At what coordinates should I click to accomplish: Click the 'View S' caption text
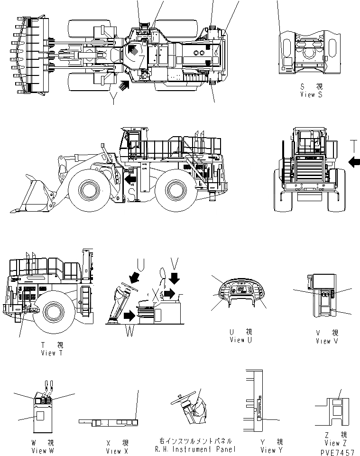coord(311,94)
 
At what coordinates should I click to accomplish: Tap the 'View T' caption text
coord(52,353)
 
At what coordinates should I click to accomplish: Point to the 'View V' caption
coord(327,341)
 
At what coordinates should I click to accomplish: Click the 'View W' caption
coord(42,450)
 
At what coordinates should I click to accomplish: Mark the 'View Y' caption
coord(271,450)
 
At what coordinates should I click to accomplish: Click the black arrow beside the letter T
coord(354,163)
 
